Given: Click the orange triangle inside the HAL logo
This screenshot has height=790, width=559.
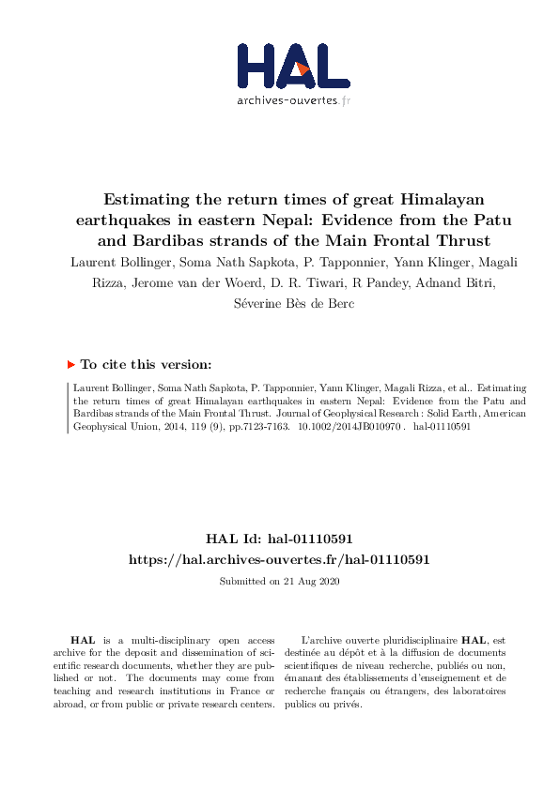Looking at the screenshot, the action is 303,67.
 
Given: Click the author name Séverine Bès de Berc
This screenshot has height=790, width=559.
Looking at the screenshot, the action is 279,303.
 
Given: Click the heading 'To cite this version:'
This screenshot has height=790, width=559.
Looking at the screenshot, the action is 146,364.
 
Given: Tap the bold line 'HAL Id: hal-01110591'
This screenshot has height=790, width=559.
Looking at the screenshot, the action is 279,539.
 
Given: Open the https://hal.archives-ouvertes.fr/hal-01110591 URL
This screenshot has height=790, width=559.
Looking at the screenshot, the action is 279,559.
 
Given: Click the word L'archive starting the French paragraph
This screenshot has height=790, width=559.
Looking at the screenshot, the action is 320,638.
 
